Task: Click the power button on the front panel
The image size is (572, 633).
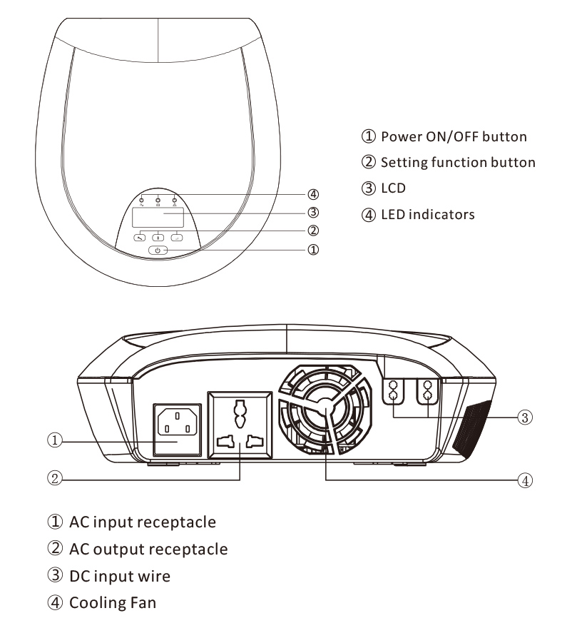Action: (x=158, y=250)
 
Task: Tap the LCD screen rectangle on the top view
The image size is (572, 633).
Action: (x=158, y=217)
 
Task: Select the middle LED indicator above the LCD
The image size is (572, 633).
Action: (x=158, y=201)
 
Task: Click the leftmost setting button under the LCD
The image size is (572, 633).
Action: (x=140, y=238)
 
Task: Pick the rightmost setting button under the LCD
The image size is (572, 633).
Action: (x=176, y=238)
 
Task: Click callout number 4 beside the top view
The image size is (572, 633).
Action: (x=313, y=194)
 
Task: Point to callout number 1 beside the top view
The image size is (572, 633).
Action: (x=313, y=250)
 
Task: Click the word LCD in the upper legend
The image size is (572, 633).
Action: (x=393, y=188)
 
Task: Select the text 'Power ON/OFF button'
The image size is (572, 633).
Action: (x=454, y=136)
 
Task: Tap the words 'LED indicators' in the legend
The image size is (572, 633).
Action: (x=428, y=214)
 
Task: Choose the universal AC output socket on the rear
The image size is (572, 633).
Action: (x=240, y=425)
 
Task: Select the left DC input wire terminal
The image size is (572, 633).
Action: (x=393, y=391)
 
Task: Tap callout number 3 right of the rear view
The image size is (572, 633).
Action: (x=525, y=417)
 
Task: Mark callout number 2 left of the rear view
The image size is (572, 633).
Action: (x=55, y=478)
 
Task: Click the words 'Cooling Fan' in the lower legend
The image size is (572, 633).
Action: (x=113, y=603)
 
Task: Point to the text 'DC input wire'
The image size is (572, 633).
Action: (x=120, y=576)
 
